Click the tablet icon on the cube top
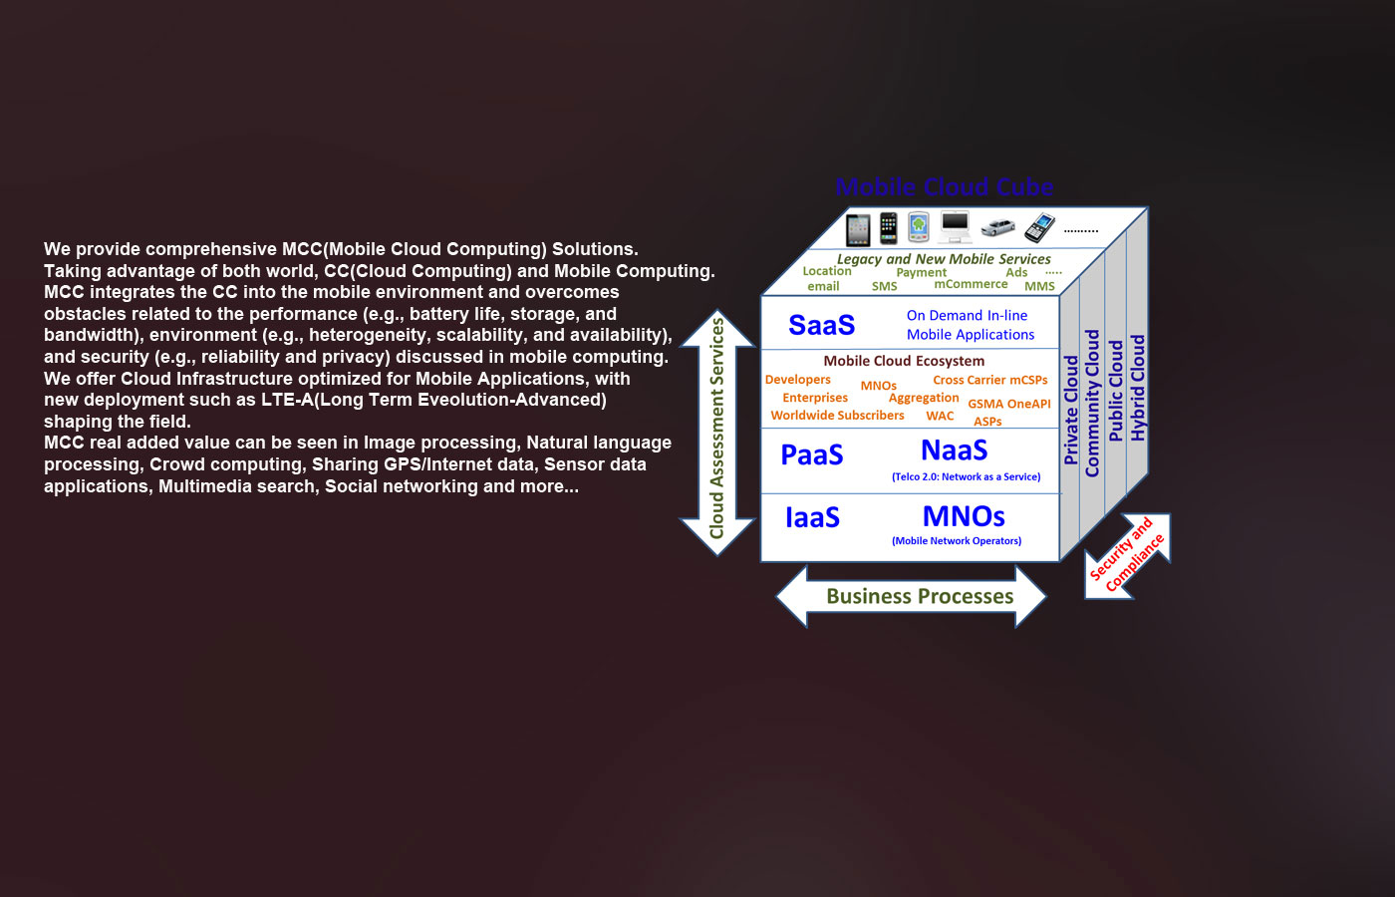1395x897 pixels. point(858,229)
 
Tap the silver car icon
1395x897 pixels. point(997,228)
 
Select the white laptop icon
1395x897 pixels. point(955,228)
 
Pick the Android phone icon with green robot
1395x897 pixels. point(919,227)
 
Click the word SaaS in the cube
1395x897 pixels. point(821,325)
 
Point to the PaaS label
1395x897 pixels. point(812,454)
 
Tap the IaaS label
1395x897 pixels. point(812,517)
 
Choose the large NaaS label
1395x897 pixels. point(954,450)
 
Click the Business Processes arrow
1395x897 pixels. point(919,596)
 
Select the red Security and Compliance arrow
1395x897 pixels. point(1127,556)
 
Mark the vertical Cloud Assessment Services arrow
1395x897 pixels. point(717,431)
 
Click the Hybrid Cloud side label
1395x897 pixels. point(1138,388)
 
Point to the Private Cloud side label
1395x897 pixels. point(1071,410)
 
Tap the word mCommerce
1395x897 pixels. point(971,284)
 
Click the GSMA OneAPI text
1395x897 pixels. point(1008,404)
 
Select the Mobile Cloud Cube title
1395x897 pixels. point(944,187)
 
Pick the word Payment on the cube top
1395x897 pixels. point(921,272)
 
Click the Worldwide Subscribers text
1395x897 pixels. point(837,416)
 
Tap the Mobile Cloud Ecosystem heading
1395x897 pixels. point(904,361)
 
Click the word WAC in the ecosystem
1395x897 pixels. point(940,416)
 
